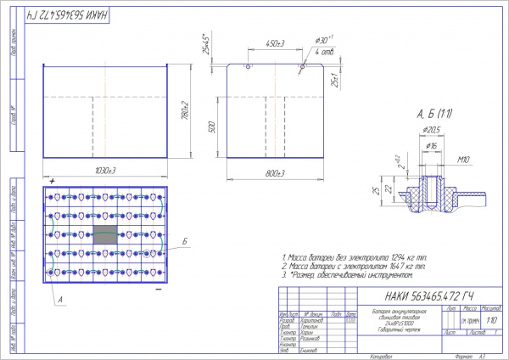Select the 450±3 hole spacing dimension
pos(273,43)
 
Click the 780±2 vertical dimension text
pos(184,109)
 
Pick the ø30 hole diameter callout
pos(324,41)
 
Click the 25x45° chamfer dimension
pos(204,42)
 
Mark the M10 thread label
pos(464,160)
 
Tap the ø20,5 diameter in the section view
pos(433,129)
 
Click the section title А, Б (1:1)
pos(433,113)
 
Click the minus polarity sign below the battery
pos(159,290)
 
